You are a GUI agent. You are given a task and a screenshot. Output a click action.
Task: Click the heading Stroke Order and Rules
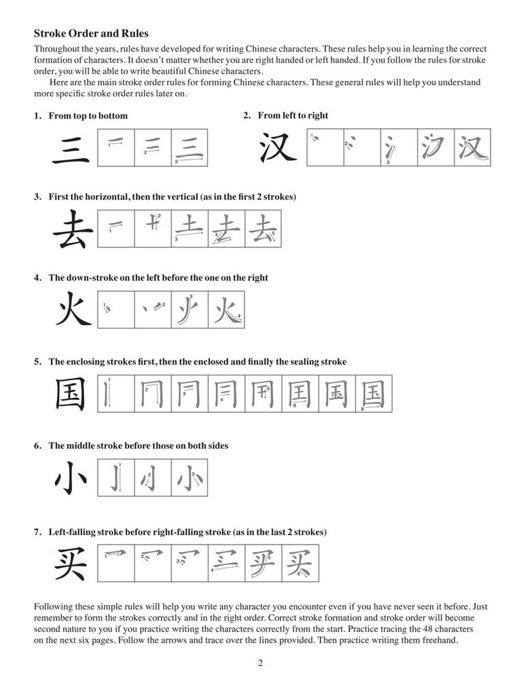pos(91,33)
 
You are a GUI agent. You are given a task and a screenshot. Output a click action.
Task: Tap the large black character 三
pos(71,148)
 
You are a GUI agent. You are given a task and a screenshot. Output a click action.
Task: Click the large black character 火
pos(71,311)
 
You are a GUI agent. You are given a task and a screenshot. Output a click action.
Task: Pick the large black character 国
pos(71,394)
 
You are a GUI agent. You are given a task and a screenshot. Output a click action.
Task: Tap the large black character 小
pos(71,478)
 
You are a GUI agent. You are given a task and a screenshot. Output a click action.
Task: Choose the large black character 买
pos(71,563)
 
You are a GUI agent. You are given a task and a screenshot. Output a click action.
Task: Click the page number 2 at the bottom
pos(260,663)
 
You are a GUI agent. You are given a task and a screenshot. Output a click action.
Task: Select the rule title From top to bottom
pos(88,116)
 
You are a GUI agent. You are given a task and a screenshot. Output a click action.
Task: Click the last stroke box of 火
pos(226,311)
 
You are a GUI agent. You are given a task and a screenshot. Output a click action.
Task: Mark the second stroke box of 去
pos(153,230)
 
